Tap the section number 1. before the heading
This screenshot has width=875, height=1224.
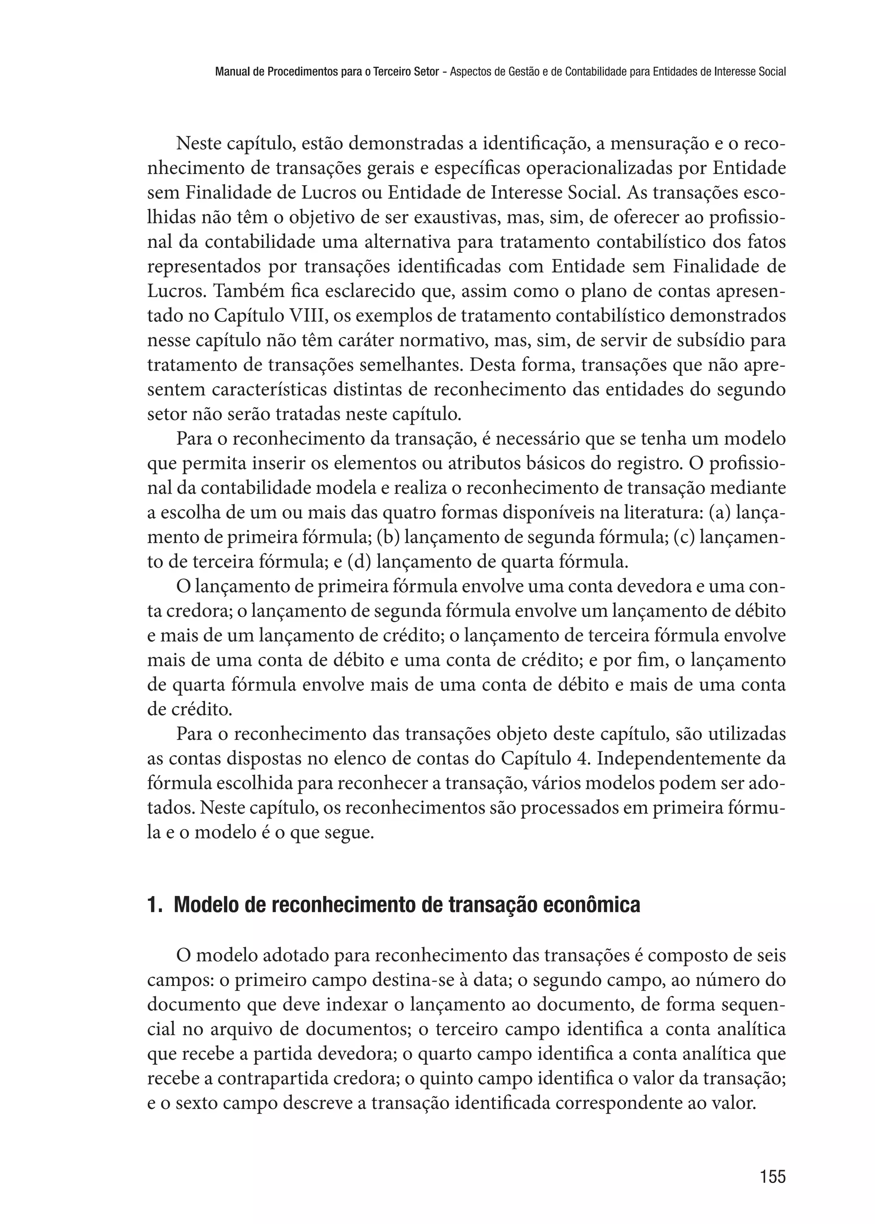point(154,920)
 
